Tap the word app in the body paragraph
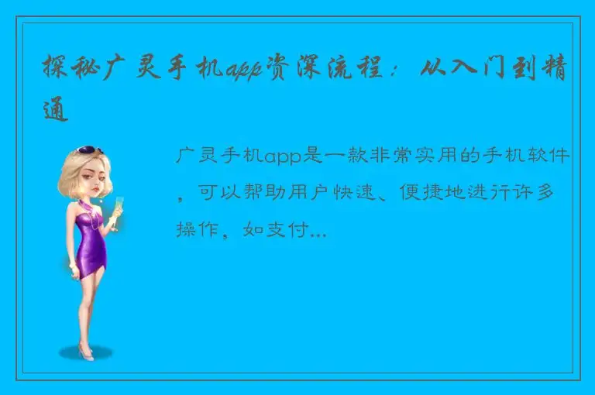coord(286,158)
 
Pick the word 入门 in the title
coord(482,71)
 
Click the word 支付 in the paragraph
coord(287,228)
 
